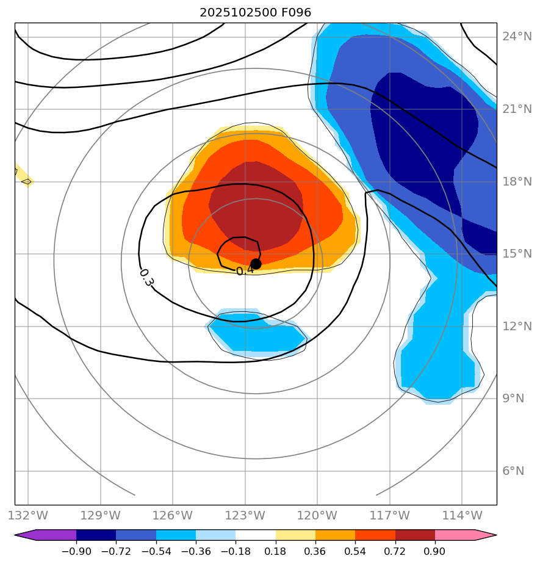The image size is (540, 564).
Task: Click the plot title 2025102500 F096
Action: (x=256, y=13)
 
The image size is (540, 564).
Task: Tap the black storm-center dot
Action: (x=256, y=264)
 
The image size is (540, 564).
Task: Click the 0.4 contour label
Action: (x=244, y=270)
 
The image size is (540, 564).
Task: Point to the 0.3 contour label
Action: (x=146, y=278)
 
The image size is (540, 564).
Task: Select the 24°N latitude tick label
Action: (x=517, y=37)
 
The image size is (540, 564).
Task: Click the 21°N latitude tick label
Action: (x=517, y=109)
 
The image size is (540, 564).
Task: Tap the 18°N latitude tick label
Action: (x=517, y=181)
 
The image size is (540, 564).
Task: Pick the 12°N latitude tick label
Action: (x=517, y=326)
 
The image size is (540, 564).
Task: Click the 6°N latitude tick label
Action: (x=513, y=471)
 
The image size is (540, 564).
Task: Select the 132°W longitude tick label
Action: (x=28, y=515)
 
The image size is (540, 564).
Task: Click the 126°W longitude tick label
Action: (x=173, y=515)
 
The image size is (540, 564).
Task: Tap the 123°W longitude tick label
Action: (x=245, y=515)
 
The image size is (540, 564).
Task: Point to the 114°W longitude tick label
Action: (x=462, y=515)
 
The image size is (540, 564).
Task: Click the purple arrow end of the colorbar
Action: (x=24, y=535)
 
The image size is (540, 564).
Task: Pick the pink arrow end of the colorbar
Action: (x=486, y=535)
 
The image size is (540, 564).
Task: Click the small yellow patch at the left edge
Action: (x=23, y=175)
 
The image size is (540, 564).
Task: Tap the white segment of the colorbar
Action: (x=256, y=535)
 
